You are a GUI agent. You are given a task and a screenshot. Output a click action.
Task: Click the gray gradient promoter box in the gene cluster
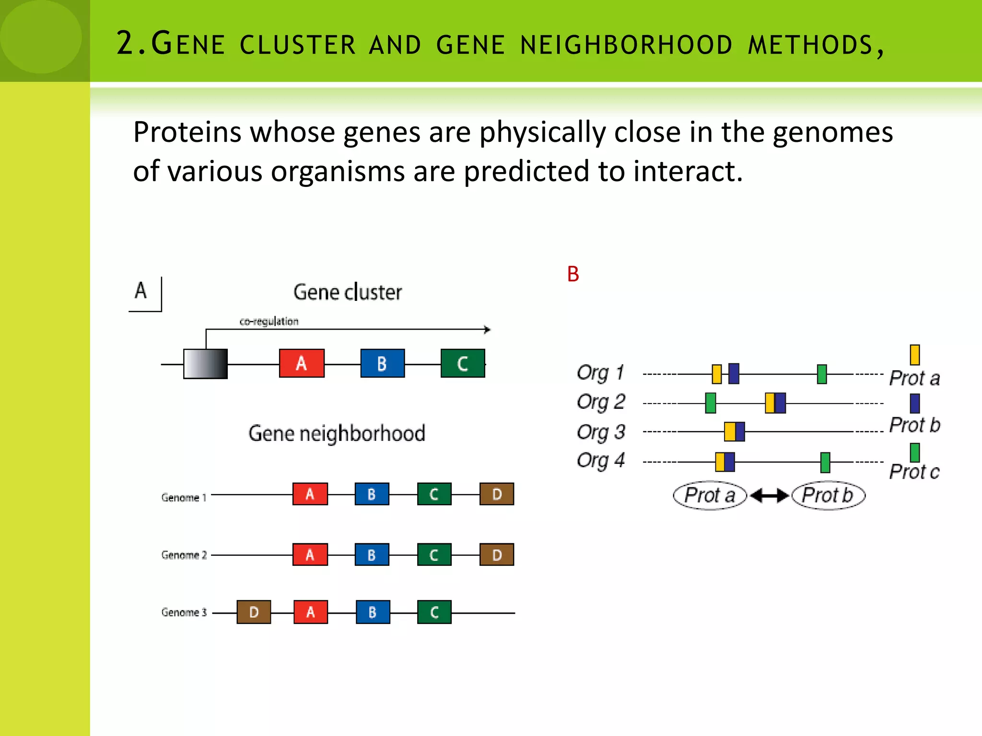tap(205, 364)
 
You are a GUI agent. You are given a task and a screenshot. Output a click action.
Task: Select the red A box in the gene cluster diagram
tap(302, 363)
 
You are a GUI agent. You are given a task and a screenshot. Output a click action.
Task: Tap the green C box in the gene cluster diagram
tap(463, 363)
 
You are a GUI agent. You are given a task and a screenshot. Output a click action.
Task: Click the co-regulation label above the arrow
tap(269, 322)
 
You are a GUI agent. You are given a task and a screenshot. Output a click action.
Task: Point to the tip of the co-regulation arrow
tap(488, 330)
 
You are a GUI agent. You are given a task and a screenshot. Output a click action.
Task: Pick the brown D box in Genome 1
tap(497, 494)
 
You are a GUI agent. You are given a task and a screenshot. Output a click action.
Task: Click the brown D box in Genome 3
tap(254, 612)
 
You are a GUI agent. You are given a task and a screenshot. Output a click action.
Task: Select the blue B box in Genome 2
tap(372, 554)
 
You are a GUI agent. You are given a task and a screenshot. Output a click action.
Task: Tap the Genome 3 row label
tap(184, 612)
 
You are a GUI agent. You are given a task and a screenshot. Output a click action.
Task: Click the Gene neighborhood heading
tap(337, 433)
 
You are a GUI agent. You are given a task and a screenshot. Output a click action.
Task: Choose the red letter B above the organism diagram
tap(573, 274)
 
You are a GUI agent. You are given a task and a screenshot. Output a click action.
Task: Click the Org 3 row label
tap(601, 432)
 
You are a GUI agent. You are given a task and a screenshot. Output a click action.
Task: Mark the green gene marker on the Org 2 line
tap(711, 403)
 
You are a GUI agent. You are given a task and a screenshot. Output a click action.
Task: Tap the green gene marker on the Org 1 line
tap(822, 374)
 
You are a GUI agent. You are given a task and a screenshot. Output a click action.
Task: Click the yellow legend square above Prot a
tap(914, 355)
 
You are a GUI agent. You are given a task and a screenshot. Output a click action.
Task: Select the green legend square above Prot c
tap(914, 452)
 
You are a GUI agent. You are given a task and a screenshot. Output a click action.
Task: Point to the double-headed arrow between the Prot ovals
tap(769, 495)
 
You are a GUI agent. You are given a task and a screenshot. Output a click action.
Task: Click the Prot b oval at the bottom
tap(828, 495)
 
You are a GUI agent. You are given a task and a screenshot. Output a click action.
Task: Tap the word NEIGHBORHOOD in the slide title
tap(626, 46)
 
